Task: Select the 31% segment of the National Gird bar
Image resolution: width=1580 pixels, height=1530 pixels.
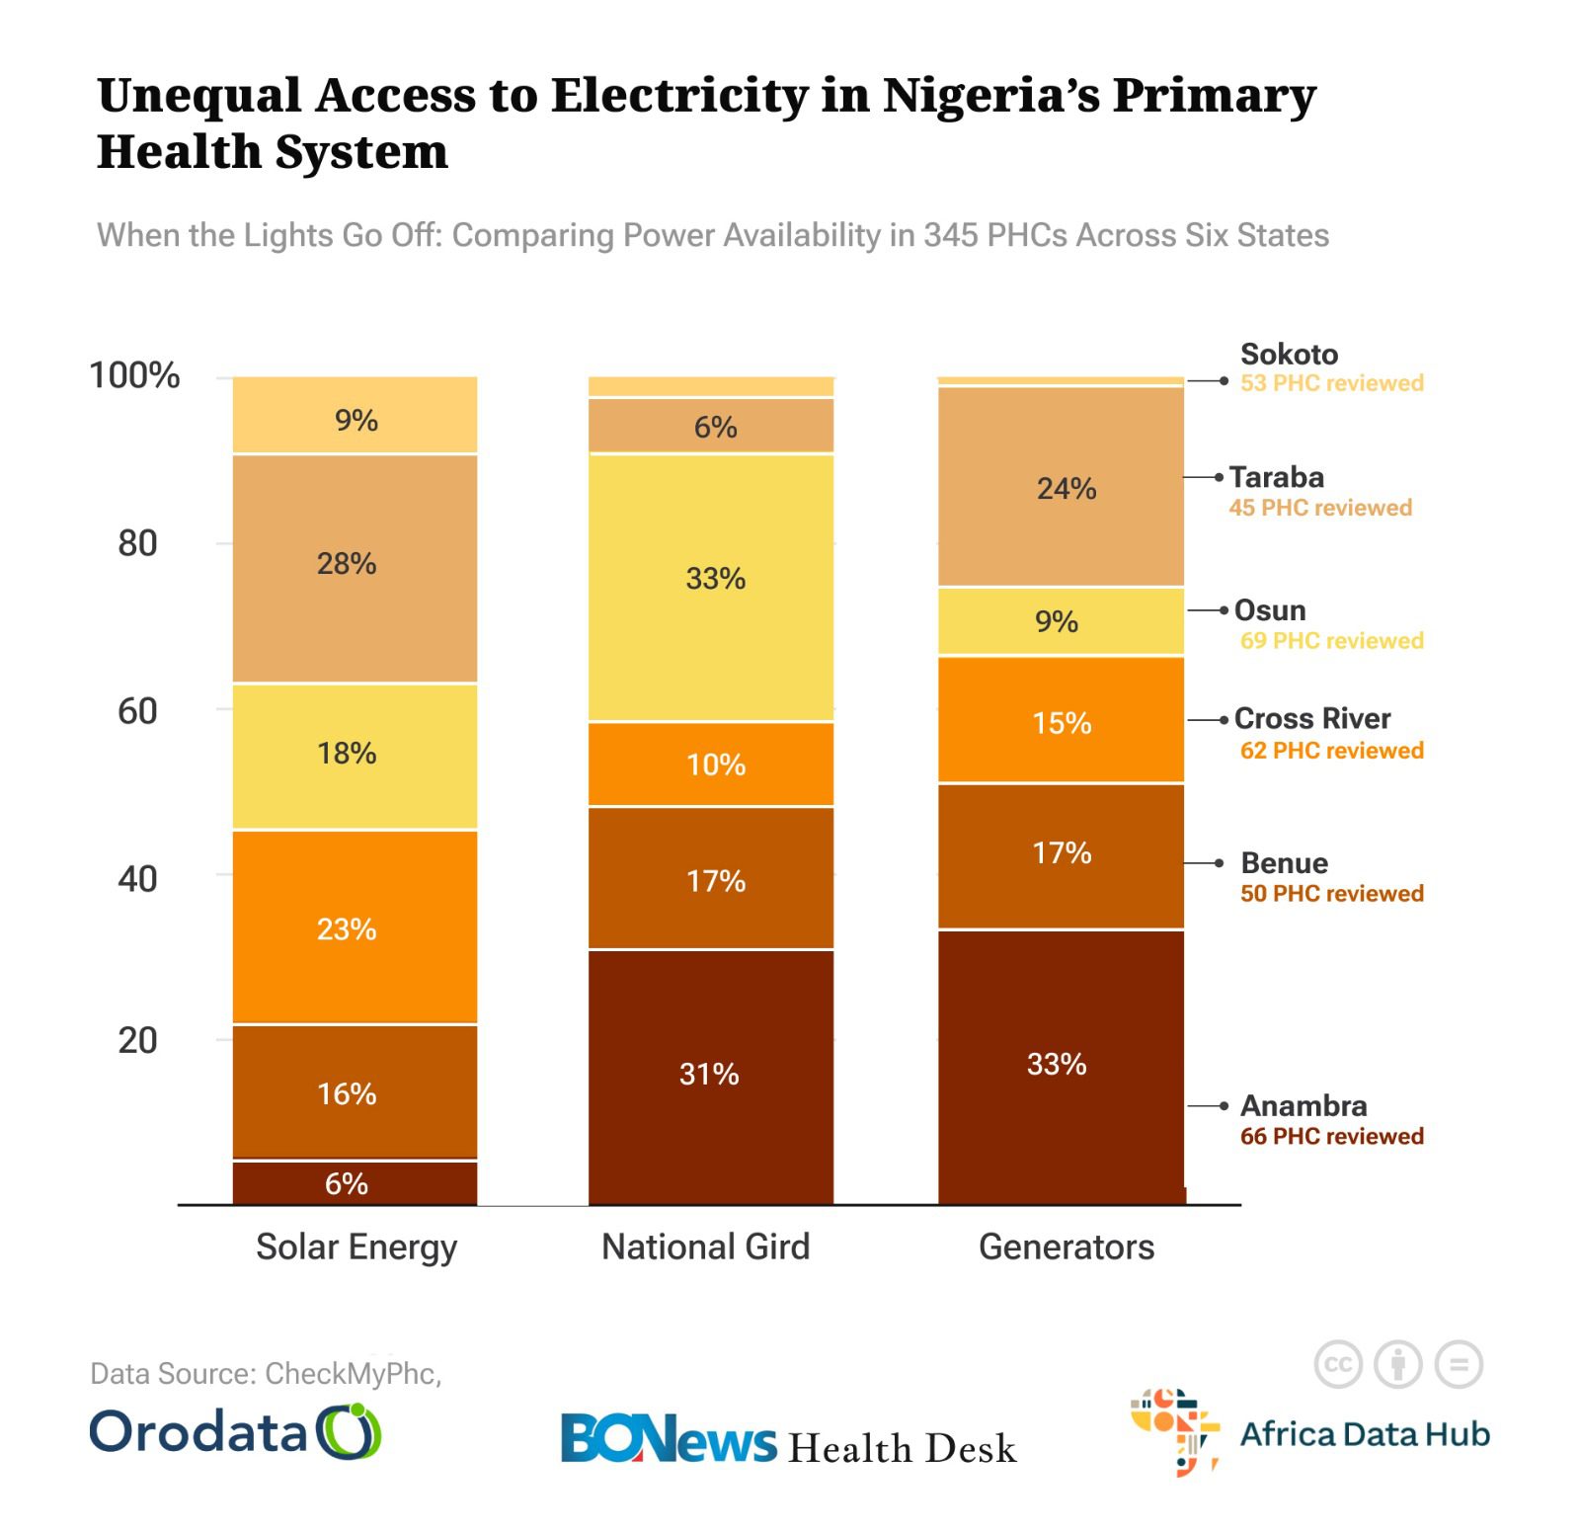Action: pyautogui.click(x=710, y=1076)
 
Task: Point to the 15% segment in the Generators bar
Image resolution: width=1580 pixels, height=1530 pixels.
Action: pyautogui.click(x=1061, y=720)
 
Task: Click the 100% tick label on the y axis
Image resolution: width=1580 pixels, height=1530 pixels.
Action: pyautogui.click(x=134, y=375)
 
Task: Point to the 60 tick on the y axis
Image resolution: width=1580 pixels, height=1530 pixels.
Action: pyautogui.click(x=137, y=711)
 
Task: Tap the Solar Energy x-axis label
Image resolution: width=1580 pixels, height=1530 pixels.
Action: pyautogui.click(x=355, y=1247)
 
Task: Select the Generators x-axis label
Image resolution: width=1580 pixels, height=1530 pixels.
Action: pyautogui.click(x=1066, y=1247)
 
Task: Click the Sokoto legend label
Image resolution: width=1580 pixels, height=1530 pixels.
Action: pyautogui.click(x=1289, y=354)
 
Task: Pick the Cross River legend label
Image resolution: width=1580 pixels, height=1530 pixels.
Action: pyautogui.click(x=1311, y=718)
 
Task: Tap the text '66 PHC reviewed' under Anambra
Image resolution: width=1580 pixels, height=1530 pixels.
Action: pyautogui.click(x=1331, y=1136)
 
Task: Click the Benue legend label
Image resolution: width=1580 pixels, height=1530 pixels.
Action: pyautogui.click(x=1284, y=862)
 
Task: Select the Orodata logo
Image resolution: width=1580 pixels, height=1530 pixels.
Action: pyautogui.click(x=235, y=1431)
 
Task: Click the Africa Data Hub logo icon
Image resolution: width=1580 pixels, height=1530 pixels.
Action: pyautogui.click(x=1173, y=1431)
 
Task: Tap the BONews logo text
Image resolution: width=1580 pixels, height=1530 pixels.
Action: pyautogui.click(x=669, y=1439)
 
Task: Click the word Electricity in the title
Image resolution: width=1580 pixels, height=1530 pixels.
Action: pyautogui.click(x=680, y=95)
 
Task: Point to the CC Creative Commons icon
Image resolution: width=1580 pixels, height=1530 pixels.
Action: pyautogui.click(x=1338, y=1365)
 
